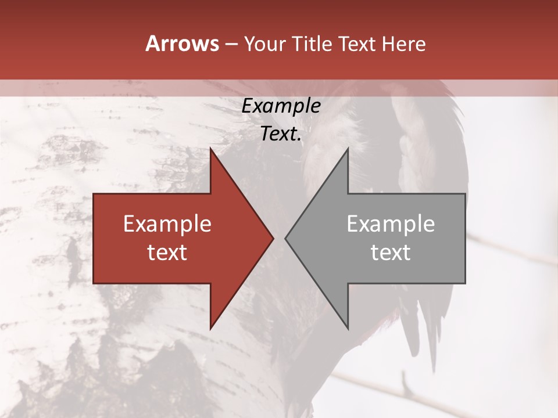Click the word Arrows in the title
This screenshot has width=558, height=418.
(x=182, y=44)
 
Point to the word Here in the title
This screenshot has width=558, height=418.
(x=403, y=44)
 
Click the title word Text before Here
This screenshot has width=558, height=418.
(x=357, y=44)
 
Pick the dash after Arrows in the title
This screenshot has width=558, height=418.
(x=230, y=44)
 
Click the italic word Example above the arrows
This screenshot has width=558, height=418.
(x=281, y=106)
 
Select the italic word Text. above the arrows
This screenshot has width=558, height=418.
(x=281, y=134)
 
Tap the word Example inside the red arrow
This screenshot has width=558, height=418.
(x=167, y=224)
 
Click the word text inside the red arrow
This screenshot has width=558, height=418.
(x=167, y=253)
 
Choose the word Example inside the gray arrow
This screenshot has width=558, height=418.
(x=391, y=224)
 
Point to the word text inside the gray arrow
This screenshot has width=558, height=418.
(x=391, y=253)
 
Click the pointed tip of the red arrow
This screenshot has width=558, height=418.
(x=273, y=238)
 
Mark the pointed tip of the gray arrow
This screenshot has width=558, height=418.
(x=285, y=238)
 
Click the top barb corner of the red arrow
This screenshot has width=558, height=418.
(x=210, y=148)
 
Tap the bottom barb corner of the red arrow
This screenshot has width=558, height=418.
(x=210, y=329)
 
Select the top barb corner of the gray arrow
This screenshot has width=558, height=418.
(x=348, y=148)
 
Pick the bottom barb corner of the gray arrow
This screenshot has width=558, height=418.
(x=348, y=329)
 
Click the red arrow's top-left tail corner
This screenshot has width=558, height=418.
(x=94, y=193)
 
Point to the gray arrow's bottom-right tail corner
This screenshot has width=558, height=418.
(x=465, y=283)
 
